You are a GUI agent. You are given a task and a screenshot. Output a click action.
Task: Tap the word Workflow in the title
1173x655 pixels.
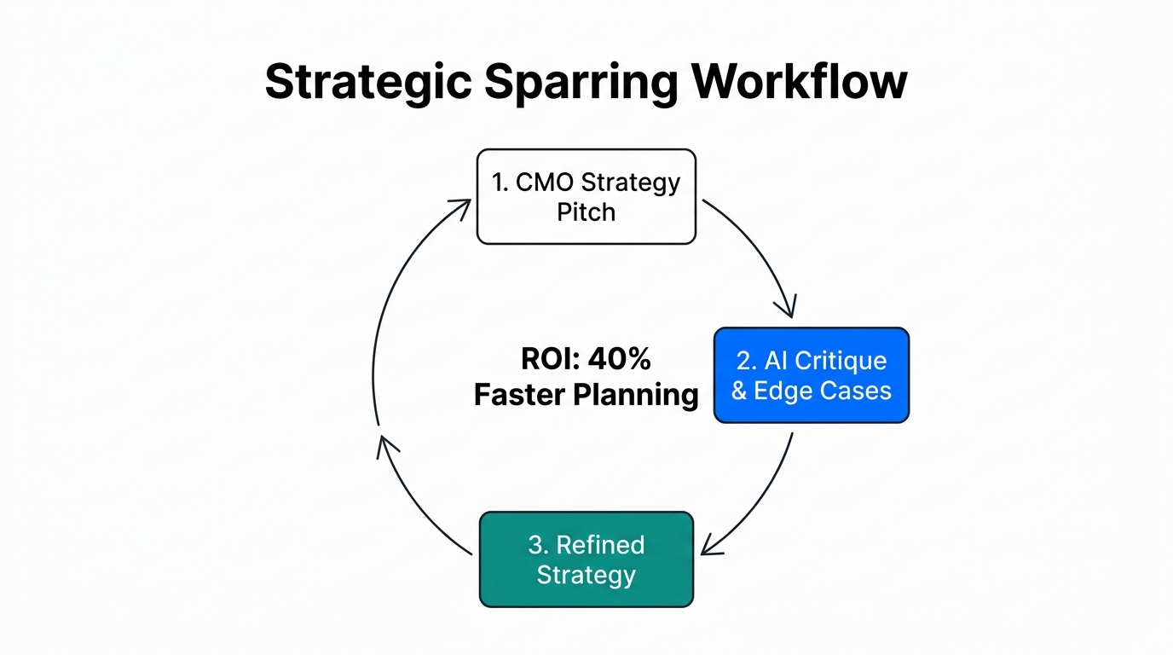[799, 82]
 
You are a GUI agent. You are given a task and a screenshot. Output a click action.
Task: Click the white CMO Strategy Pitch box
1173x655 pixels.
[586, 197]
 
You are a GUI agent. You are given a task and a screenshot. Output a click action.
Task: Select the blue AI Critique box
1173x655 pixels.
[811, 375]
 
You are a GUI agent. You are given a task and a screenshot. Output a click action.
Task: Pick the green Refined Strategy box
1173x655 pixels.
[586, 559]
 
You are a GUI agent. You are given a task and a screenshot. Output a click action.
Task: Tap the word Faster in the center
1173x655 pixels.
[519, 395]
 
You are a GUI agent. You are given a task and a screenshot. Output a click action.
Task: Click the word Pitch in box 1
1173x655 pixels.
[586, 212]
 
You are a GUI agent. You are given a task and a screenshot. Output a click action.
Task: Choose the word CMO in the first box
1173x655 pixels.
[545, 183]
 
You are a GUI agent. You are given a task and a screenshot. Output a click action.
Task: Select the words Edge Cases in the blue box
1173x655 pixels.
[823, 391]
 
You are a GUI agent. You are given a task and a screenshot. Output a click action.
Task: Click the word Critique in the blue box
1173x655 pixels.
[841, 361]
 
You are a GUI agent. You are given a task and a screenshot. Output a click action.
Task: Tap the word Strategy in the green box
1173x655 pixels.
[586, 575]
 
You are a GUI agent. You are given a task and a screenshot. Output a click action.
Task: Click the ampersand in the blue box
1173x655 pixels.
[739, 391]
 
